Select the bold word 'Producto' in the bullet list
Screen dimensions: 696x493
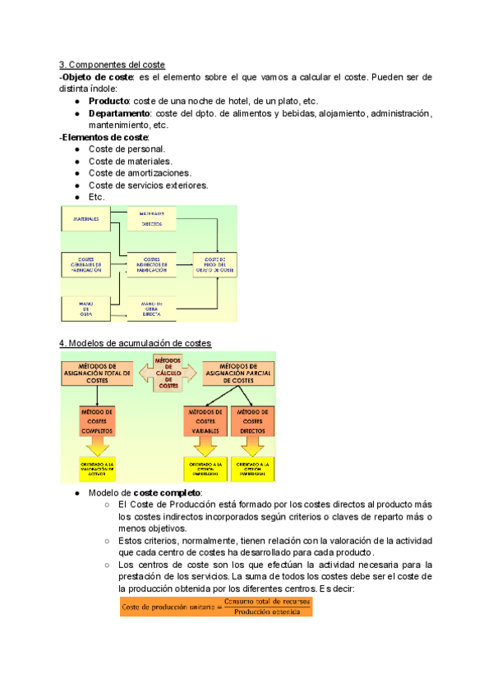pos(112,101)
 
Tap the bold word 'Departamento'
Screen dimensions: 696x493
pos(121,113)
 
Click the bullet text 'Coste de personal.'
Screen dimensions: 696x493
pos(127,149)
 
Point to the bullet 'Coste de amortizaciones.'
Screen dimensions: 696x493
pos(140,173)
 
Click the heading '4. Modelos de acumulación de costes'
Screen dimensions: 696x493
pos(135,342)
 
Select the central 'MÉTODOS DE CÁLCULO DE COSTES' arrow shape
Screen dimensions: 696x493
pos(168,373)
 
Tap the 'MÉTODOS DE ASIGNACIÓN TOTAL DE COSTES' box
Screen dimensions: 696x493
pos(96,373)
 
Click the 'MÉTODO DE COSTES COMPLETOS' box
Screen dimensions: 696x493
pos(97,419)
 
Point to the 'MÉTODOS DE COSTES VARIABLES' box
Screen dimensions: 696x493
pos(205,419)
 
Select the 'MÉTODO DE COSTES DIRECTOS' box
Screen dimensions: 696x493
pos(254,419)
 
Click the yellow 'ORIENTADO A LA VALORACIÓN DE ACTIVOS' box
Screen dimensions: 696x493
pos(97,468)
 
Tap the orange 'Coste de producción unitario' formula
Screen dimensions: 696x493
pos(216,607)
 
